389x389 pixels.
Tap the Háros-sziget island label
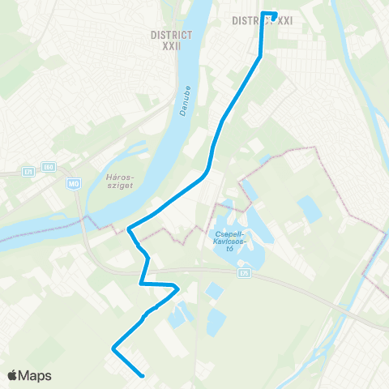click(x=119, y=180)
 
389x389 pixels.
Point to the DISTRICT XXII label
click(x=171, y=41)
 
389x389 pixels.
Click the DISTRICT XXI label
click(x=262, y=20)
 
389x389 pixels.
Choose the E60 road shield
click(x=49, y=168)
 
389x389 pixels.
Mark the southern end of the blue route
click(x=143, y=376)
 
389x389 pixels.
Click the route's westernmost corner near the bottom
click(x=113, y=349)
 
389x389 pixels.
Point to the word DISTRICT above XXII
click(x=171, y=35)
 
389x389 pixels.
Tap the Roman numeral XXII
click(x=171, y=46)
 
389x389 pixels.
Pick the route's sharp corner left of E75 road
click(x=177, y=286)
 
